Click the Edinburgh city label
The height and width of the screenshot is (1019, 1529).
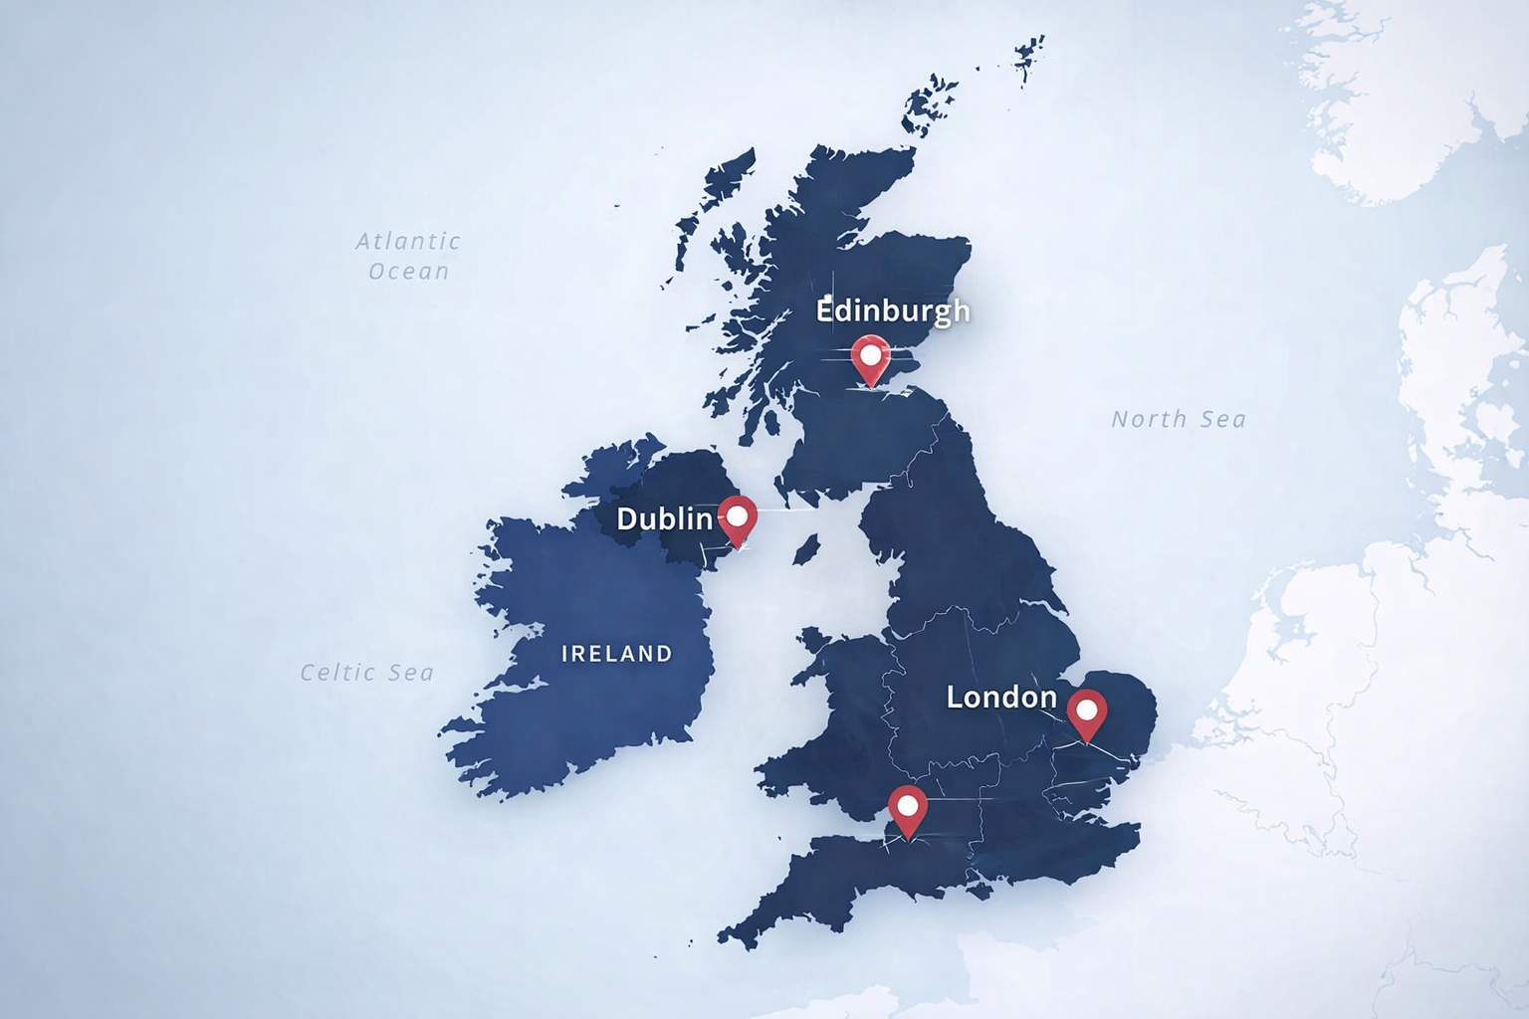(893, 311)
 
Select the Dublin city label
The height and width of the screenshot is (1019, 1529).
(664, 518)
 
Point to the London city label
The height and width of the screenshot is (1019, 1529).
(1001, 698)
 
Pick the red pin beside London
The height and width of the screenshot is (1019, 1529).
(1087, 714)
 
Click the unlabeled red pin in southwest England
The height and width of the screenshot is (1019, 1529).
(908, 810)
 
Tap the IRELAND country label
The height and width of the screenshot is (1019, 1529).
(617, 654)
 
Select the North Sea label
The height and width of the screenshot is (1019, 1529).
(1179, 420)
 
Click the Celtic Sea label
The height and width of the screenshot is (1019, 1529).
(367, 674)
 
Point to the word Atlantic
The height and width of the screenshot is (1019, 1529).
(409, 241)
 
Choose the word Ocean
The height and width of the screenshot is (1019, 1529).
(409, 272)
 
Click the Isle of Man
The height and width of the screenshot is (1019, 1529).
(806, 548)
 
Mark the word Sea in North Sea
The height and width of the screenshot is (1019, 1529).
(1222, 420)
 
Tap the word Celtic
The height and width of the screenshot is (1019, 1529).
(336, 674)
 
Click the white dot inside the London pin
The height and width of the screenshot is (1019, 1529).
(1087, 711)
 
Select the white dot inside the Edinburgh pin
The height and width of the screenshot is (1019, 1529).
(871, 354)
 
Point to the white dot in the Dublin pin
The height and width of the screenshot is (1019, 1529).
(738, 515)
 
